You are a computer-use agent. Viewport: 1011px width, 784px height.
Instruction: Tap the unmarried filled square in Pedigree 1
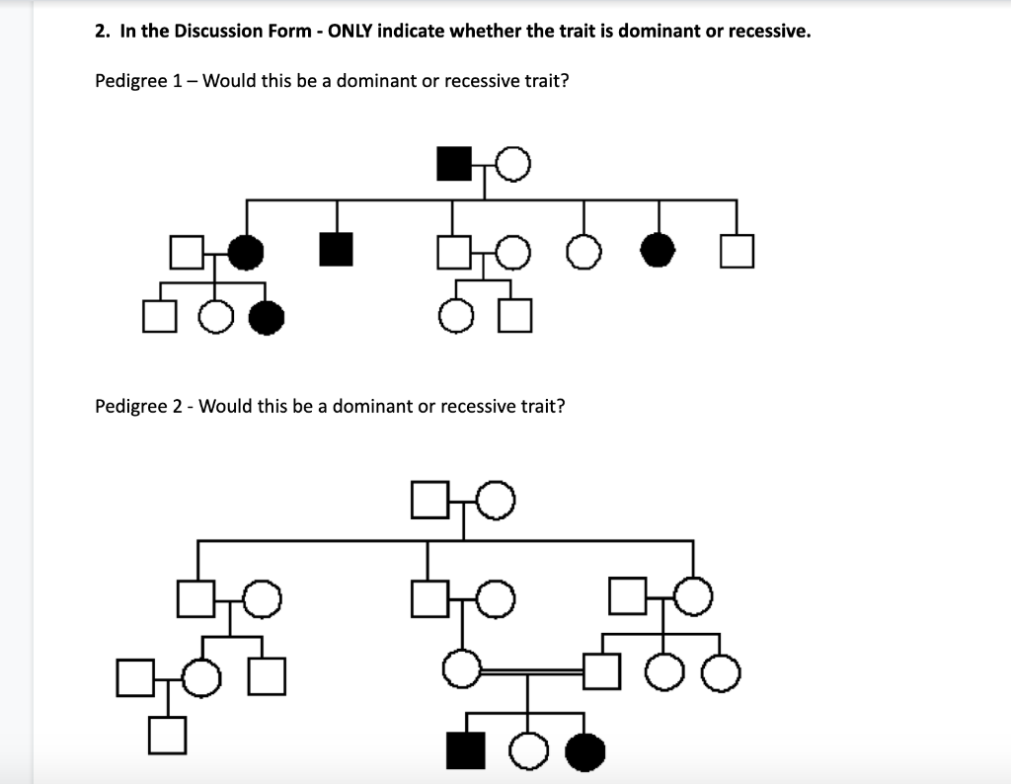336,249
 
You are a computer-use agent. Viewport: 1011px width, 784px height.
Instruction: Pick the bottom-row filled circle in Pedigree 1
266,316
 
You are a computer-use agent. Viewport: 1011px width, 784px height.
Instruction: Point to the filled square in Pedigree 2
466,751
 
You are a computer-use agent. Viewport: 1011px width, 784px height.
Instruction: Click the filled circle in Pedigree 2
585,752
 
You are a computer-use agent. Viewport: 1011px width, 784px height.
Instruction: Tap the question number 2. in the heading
103,31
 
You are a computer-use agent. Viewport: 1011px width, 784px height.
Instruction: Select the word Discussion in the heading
203,31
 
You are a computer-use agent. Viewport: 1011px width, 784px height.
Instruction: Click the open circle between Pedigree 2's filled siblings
527,752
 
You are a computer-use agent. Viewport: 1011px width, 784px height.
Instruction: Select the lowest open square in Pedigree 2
167,736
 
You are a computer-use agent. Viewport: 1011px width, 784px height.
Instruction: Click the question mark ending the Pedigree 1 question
564,81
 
